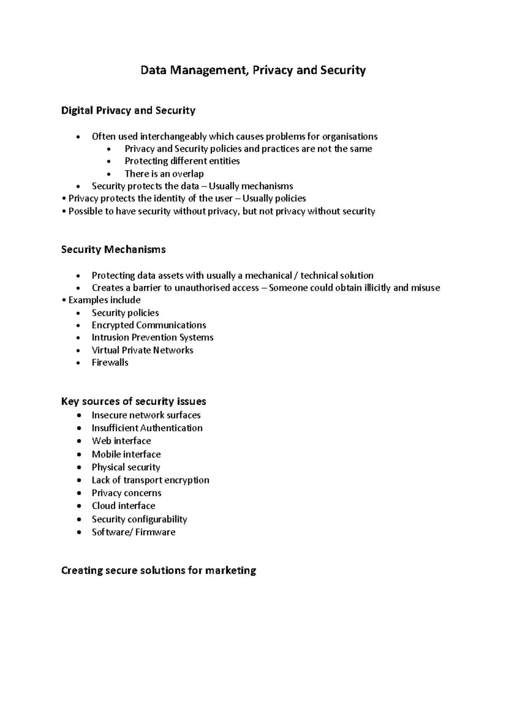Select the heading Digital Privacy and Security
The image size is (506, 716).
tap(128, 110)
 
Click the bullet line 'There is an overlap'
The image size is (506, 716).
tap(164, 174)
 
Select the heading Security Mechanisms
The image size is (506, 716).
tap(113, 250)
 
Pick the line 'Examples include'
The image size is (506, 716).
tap(104, 300)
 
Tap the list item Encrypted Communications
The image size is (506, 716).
tap(148, 325)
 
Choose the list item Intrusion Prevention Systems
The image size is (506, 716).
tap(152, 337)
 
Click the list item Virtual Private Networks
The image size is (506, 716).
tap(142, 350)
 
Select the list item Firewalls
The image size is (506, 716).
tap(110, 363)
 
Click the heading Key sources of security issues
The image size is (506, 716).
tap(133, 401)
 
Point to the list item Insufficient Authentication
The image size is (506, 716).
tap(147, 428)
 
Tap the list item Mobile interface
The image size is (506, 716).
tap(126, 454)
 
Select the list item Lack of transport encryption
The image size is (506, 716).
tap(150, 480)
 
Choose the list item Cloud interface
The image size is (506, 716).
tap(123, 506)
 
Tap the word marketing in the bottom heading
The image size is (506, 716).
tap(230, 571)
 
